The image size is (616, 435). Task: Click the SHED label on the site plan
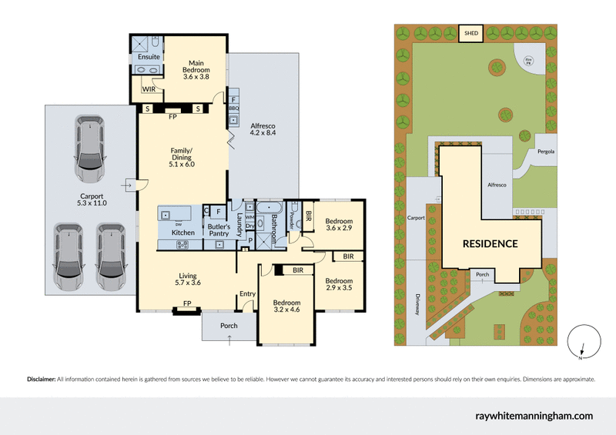pos(470,33)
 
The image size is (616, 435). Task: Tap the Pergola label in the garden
pos(547,151)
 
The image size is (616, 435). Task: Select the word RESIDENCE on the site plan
pos(490,243)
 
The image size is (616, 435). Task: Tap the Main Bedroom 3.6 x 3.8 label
pos(192,72)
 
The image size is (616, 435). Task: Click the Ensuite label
pos(149,57)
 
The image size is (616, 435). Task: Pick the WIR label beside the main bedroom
pos(149,90)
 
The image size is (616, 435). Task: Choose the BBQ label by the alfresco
pos(233,109)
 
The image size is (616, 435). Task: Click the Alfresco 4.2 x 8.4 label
pos(263,129)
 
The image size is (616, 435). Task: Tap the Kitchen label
pos(182,233)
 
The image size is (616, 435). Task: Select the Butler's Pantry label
pos(221,230)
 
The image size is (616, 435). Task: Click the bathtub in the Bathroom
pos(269,209)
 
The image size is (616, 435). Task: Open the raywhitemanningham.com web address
pos(531,416)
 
